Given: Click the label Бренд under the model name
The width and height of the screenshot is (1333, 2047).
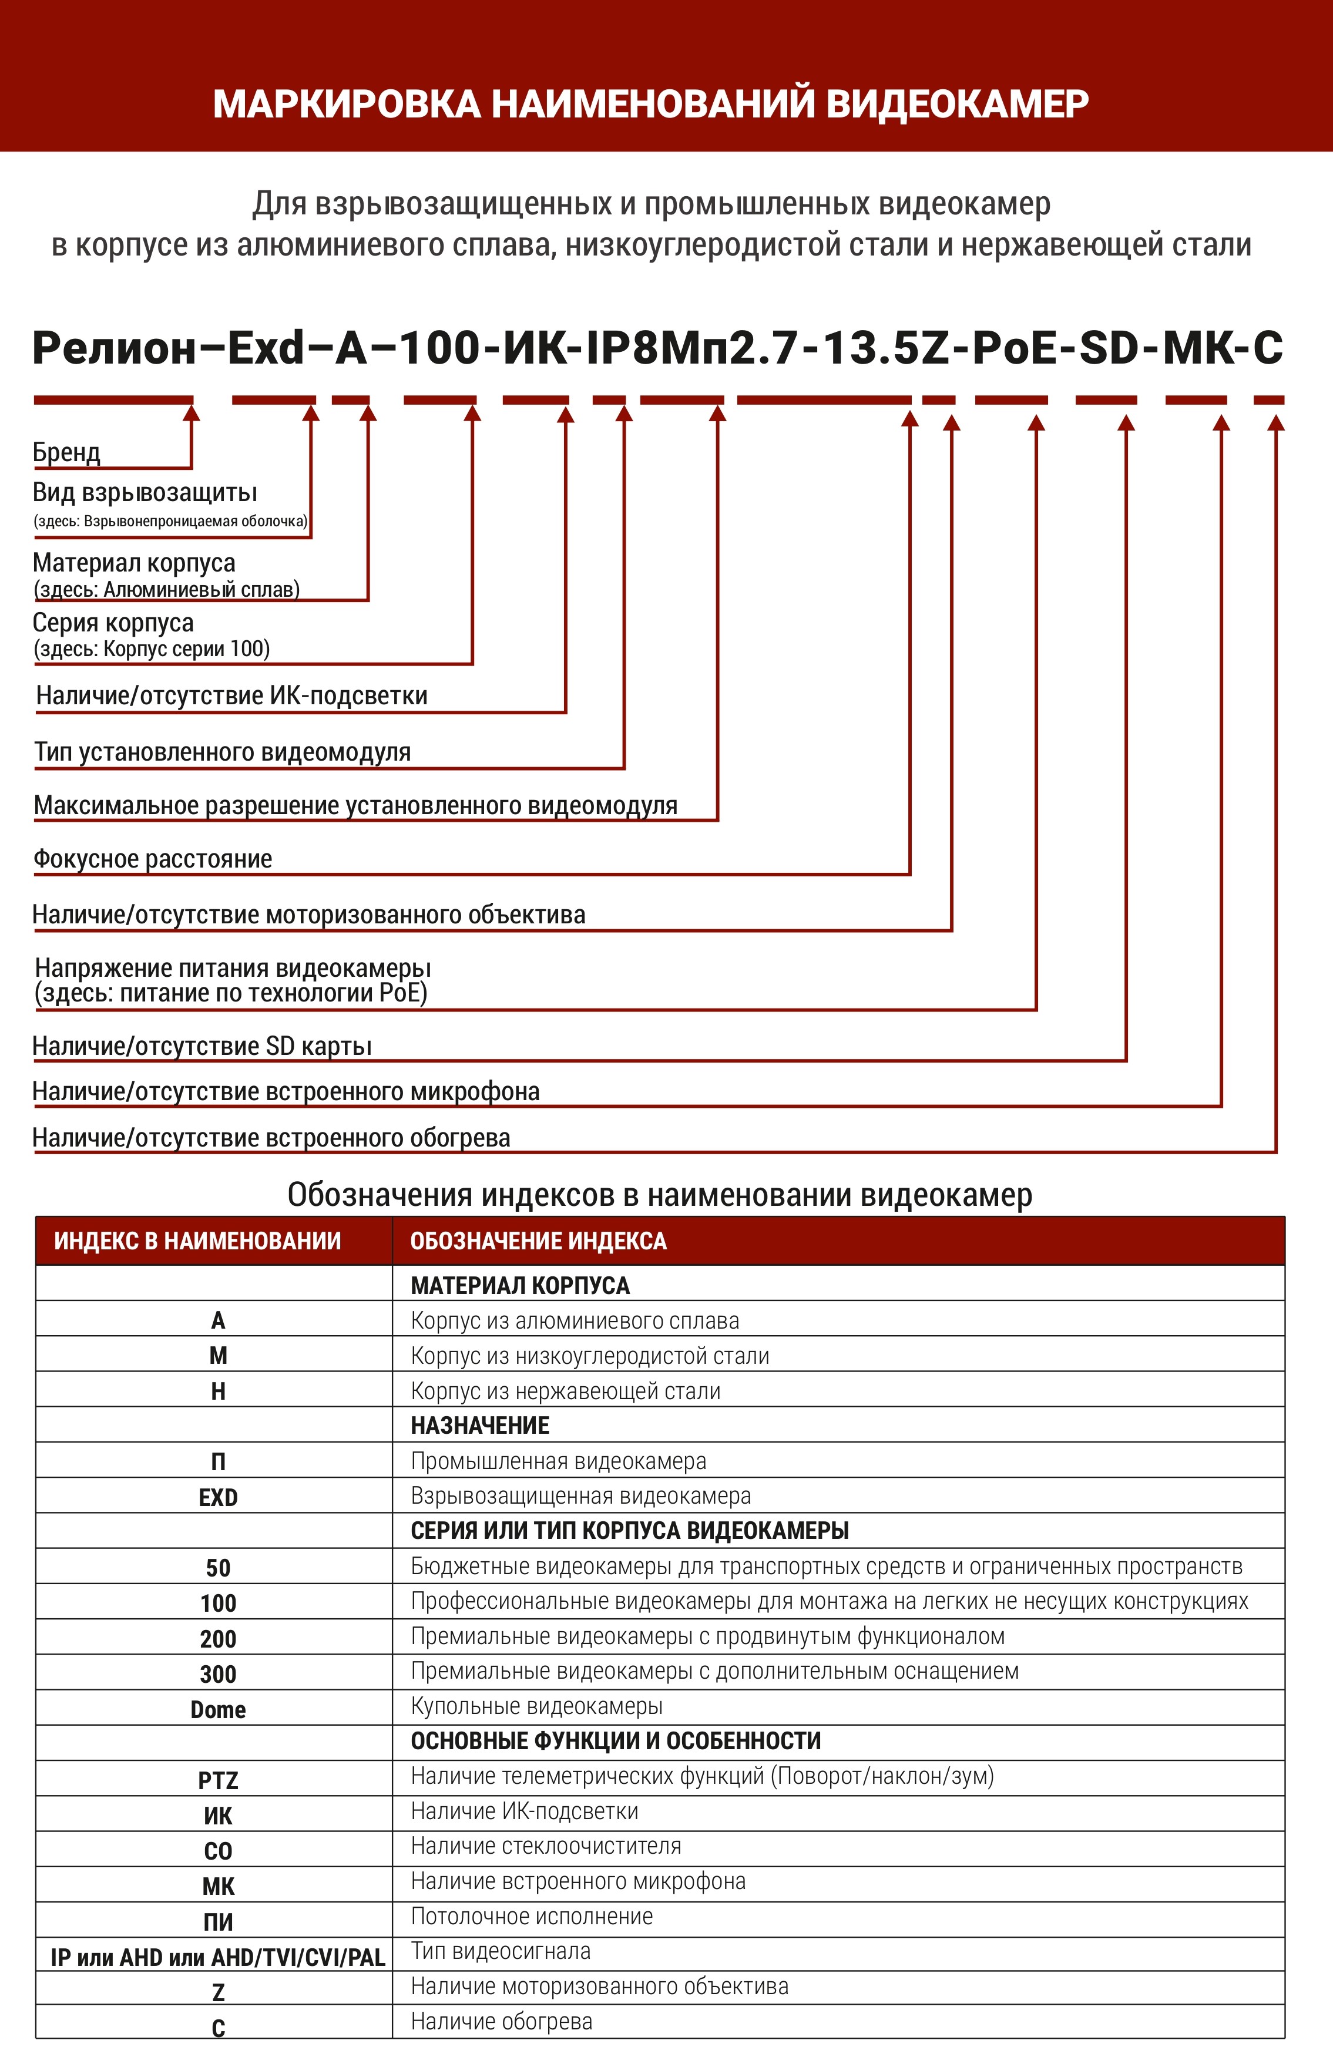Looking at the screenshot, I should (66, 452).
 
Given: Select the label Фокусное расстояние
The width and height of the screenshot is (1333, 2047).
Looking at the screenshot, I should (152, 858).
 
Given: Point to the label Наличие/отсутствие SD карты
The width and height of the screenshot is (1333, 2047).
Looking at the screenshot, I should (202, 1046).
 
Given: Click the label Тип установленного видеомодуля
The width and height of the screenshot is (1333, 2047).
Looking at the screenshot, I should (223, 752).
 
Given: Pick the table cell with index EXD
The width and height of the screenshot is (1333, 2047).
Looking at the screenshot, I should (217, 1497).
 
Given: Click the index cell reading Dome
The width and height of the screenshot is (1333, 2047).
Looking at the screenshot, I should (217, 1709).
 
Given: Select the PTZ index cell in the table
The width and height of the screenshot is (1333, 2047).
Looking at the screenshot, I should (217, 1780).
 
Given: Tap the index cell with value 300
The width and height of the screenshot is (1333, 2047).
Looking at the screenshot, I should (217, 1674).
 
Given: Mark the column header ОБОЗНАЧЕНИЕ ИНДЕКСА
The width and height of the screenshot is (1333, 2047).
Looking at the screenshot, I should (538, 1241).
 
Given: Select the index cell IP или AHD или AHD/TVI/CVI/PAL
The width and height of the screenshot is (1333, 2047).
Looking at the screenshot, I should (217, 1958).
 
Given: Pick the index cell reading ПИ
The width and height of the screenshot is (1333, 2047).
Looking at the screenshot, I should (217, 1921).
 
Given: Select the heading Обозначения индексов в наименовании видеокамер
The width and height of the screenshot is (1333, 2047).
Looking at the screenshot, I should (660, 1195).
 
